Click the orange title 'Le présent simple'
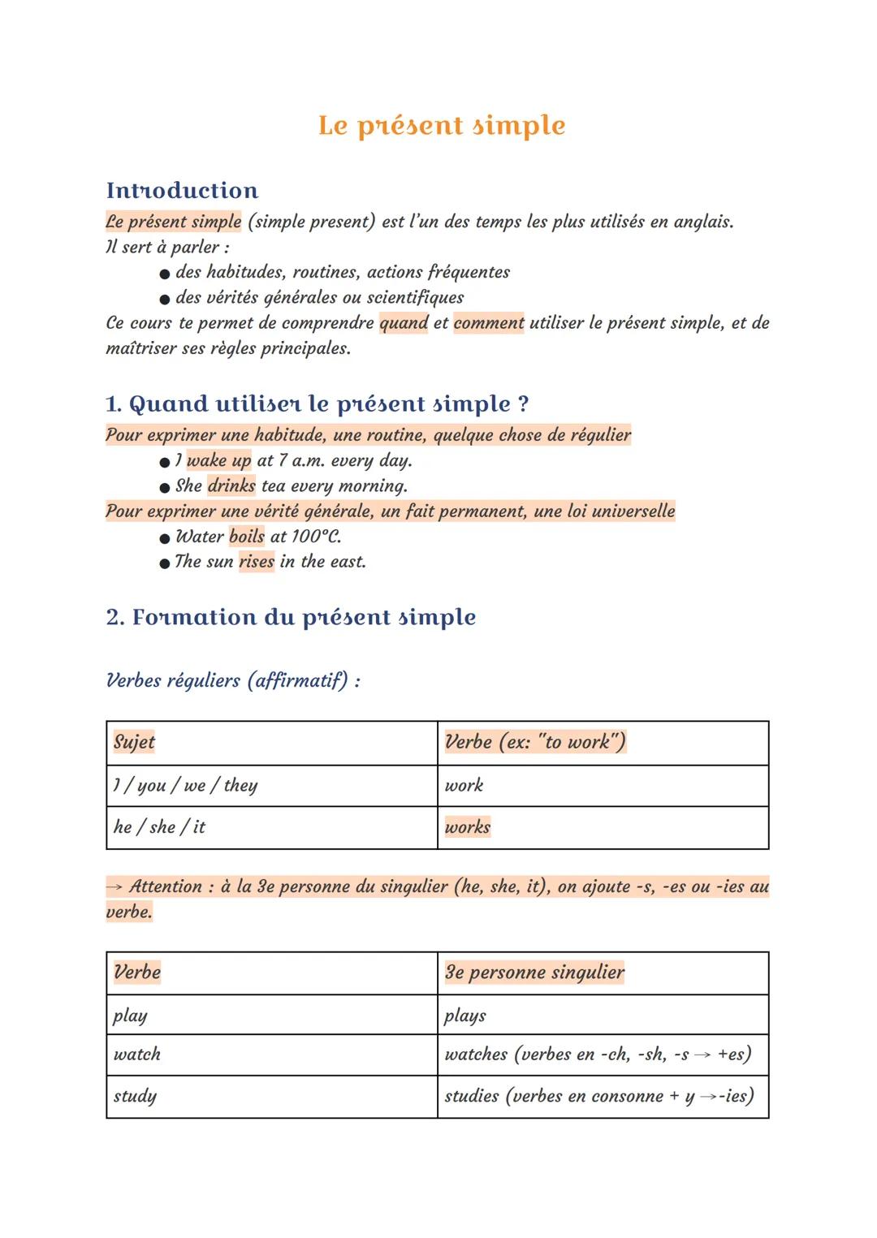[442, 126]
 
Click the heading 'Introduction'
[182, 191]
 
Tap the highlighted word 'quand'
[404, 323]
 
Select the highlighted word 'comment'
[489, 323]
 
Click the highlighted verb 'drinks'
[231, 486]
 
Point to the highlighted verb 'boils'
[247, 537]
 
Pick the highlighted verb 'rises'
[257, 562]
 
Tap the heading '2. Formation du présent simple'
[291, 618]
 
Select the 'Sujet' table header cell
[135, 742]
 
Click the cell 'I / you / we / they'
[185, 786]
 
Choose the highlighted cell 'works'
[468, 827]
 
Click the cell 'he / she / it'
[159, 827]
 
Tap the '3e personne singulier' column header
[534, 973]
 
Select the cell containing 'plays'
[465, 1016]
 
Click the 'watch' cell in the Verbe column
[137, 1055]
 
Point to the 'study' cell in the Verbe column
[135, 1097]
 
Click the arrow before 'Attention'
[114, 886]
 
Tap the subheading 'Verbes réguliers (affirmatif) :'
[233, 680]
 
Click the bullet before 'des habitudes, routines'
[165, 274]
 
